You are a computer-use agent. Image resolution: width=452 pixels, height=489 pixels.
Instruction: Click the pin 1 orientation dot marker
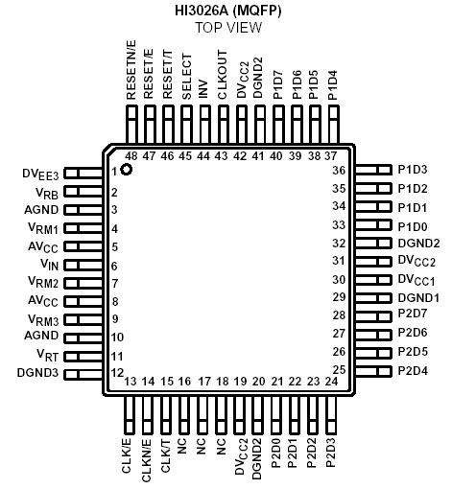[x=126, y=170]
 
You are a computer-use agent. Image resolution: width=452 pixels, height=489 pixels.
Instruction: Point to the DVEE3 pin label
[x=41, y=175]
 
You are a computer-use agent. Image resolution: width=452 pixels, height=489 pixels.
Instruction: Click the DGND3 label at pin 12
[x=39, y=372]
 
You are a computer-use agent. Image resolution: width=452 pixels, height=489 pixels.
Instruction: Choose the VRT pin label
[x=49, y=355]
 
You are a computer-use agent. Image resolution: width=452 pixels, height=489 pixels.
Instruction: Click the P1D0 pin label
[x=414, y=225]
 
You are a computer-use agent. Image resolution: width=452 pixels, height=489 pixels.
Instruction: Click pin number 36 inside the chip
[x=338, y=171]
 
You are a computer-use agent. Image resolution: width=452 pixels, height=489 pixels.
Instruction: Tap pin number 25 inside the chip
[x=338, y=369]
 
